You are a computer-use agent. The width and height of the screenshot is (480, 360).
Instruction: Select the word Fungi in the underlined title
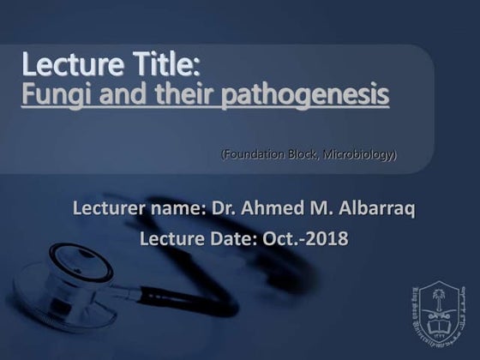(51, 94)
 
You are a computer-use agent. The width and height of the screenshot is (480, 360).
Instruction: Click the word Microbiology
(360, 154)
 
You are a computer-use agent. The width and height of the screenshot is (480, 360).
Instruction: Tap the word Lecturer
(110, 208)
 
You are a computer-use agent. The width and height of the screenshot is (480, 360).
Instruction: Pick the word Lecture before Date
(170, 238)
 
